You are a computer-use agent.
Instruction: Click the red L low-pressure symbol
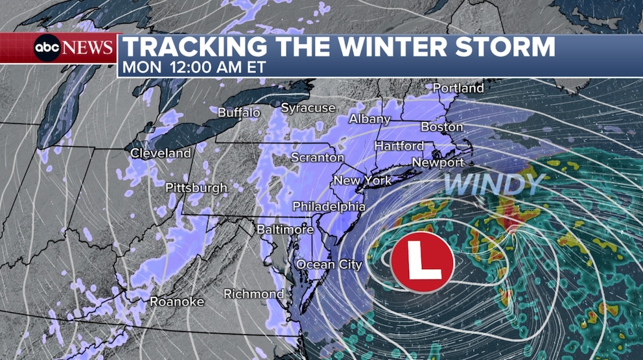(x=422, y=261)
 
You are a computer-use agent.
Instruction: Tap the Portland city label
(x=458, y=88)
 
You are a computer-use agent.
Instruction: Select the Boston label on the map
(x=442, y=126)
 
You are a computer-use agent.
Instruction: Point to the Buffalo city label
(x=239, y=112)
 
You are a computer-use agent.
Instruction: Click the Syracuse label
(x=308, y=108)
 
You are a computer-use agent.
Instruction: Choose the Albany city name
(x=369, y=119)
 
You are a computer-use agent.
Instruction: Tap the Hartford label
(x=399, y=146)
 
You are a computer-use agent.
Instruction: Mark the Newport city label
(x=438, y=162)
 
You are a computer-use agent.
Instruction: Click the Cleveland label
(x=161, y=154)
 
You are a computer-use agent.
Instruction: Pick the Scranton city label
(x=318, y=158)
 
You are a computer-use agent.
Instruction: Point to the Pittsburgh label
(x=196, y=188)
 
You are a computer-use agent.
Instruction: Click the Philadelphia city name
(x=329, y=206)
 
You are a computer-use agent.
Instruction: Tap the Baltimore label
(x=285, y=230)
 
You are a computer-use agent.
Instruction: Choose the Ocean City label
(x=329, y=265)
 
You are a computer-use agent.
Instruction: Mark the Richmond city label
(x=253, y=294)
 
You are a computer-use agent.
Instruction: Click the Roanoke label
(x=177, y=302)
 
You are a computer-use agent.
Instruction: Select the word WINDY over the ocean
(x=493, y=185)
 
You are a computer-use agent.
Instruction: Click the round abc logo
(x=47, y=48)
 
